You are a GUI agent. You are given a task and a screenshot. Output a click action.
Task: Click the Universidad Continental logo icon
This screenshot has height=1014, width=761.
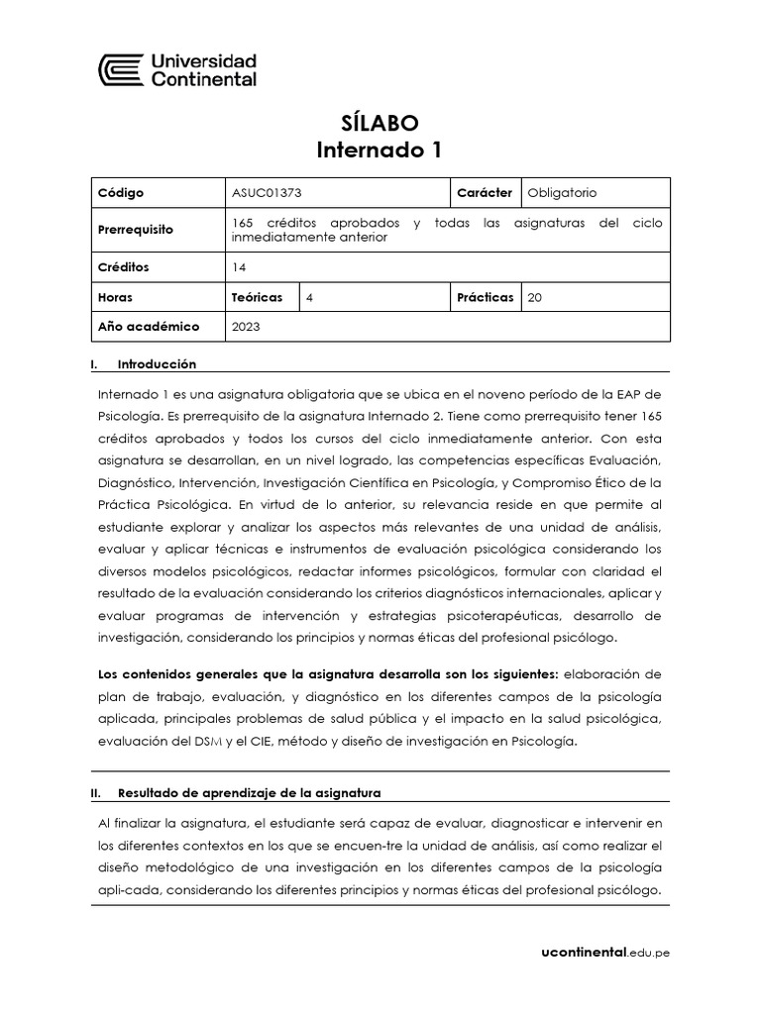click(x=120, y=70)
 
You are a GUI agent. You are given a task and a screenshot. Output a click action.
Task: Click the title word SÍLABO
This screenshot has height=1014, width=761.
click(x=380, y=123)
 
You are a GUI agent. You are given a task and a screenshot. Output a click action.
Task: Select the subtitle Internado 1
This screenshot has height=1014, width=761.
click(x=380, y=151)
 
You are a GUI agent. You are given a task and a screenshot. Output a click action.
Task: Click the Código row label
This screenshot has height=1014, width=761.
click(x=121, y=193)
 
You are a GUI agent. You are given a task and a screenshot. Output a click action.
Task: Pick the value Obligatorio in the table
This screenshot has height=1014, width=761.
click(x=563, y=193)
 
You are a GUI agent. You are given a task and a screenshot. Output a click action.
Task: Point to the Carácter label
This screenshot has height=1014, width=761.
click(x=485, y=193)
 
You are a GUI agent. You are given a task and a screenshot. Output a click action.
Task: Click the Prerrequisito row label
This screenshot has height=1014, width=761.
click(x=135, y=230)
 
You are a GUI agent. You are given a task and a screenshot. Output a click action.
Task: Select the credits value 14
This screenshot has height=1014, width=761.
click(x=239, y=267)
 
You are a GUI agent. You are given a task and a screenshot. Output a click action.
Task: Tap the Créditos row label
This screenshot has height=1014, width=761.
click(x=124, y=267)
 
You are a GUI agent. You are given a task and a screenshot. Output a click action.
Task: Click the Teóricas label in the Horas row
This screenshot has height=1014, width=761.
click(x=257, y=297)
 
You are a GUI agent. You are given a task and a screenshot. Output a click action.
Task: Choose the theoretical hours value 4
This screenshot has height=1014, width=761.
click(x=311, y=297)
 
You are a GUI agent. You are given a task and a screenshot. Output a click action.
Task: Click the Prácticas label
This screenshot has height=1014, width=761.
click(x=486, y=297)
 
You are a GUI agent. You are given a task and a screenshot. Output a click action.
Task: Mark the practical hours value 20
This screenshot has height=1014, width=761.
click(x=535, y=297)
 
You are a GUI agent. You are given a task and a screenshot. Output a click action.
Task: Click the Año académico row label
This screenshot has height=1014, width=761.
click(x=149, y=326)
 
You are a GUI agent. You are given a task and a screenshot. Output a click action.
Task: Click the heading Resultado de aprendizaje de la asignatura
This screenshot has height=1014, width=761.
click(x=249, y=793)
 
